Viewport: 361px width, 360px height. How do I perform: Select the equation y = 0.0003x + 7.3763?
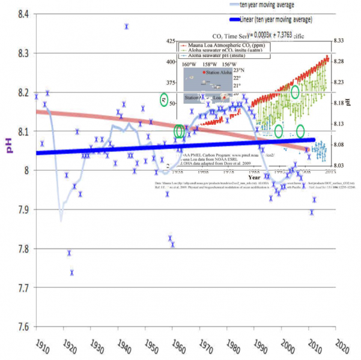click(264, 35)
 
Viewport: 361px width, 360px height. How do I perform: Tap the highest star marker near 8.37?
click(126, 26)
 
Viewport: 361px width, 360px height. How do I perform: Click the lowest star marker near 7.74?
click(72, 272)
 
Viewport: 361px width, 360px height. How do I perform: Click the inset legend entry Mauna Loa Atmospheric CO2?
click(221, 46)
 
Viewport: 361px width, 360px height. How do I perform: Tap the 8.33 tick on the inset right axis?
click(338, 40)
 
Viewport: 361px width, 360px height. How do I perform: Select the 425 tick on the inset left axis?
click(171, 41)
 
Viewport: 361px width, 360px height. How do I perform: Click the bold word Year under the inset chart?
click(255, 178)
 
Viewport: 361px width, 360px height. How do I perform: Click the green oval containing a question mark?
click(165, 100)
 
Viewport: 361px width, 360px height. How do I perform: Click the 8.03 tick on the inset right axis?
click(338, 166)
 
